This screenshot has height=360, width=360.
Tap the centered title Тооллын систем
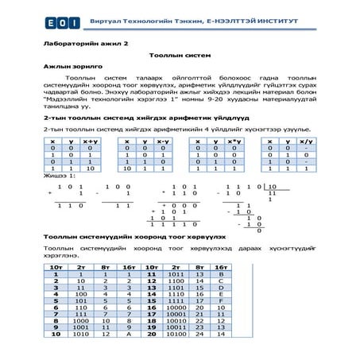[177, 58]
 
